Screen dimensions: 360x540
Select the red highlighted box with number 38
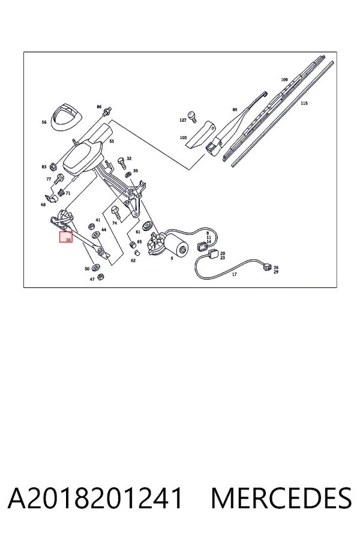tap(66, 237)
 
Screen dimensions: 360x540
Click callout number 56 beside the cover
tap(44, 122)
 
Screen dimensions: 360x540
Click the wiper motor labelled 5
tap(169, 243)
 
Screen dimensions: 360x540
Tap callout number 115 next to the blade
tap(304, 103)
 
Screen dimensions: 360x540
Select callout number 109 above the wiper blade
tap(284, 80)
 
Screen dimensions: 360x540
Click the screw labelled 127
tap(192, 116)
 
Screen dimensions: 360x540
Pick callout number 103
tap(183, 138)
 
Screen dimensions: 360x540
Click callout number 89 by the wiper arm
tap(235, 110)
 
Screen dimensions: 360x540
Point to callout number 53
tap(111, 141)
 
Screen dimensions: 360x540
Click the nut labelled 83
tap(53, 166)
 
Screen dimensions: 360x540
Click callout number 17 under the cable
tap(234, 274)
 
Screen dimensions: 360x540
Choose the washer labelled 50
tap(97, 266)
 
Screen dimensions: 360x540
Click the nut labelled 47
tap(101, 276)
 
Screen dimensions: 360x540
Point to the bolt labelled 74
tap(115, 212)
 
